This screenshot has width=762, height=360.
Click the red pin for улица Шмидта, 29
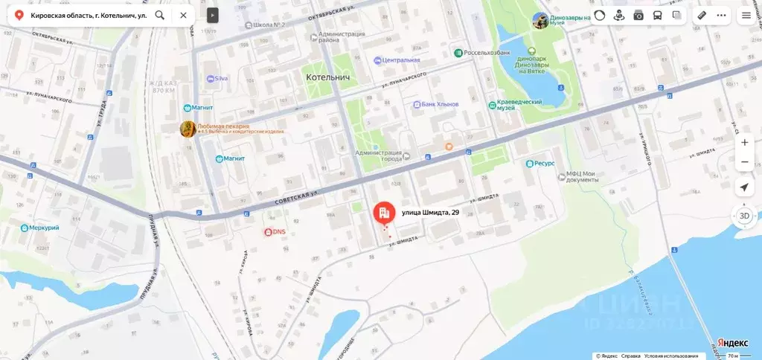pos(384,214)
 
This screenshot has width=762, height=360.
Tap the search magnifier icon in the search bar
pos(160,15)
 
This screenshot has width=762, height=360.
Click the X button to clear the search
pos(183,15)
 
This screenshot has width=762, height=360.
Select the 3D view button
pos(744,216)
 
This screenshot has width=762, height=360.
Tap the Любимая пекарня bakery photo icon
pos(188,129)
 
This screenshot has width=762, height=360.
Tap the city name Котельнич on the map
pos(328,77)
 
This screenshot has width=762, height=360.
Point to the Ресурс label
pos(545,164)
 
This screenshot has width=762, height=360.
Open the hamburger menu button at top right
pos(746,15)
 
